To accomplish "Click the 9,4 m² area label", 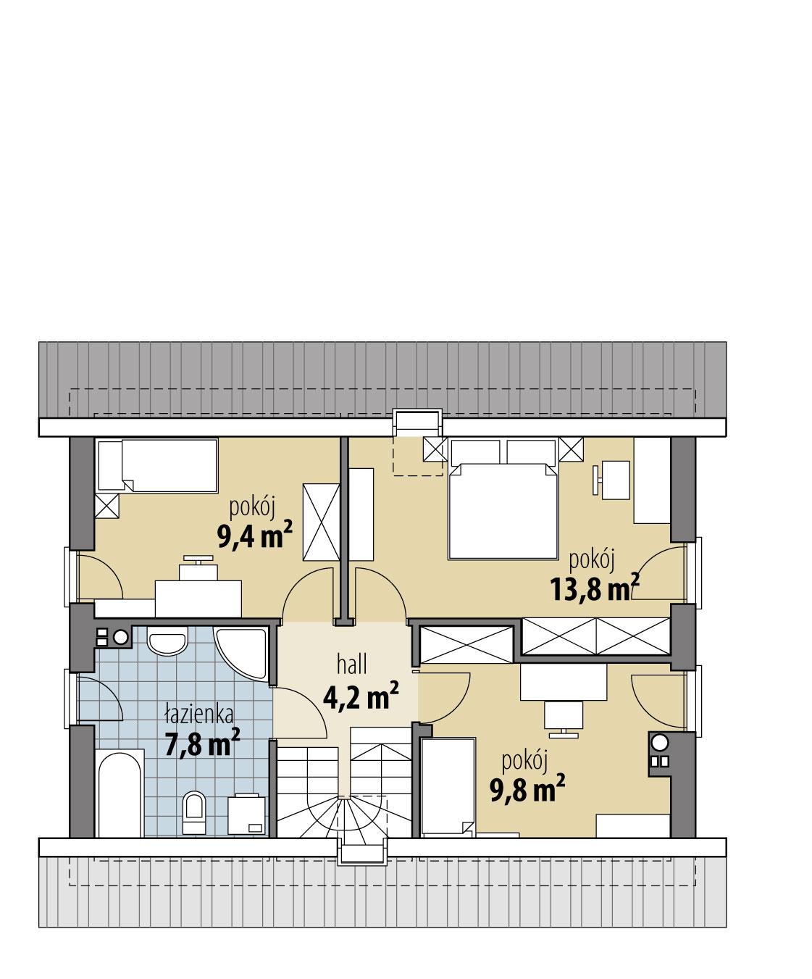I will (254, 538).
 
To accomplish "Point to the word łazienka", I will (198, 715).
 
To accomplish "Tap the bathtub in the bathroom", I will (119, 795).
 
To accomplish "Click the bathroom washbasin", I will (167, 640).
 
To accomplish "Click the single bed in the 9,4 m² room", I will (157, 465).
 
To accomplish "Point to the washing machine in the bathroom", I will (246, 815).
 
